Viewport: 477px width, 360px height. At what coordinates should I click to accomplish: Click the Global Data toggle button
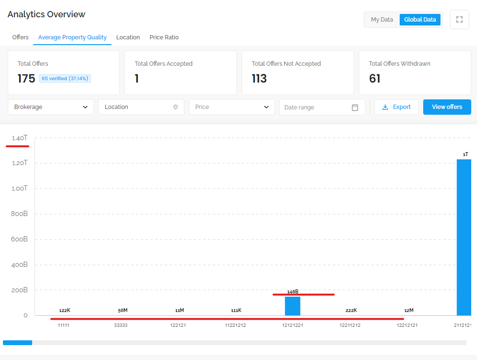pyautogui.click(x=420, y=20)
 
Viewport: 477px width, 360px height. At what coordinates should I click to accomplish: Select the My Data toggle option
pyautogui.click(x=382, y=20)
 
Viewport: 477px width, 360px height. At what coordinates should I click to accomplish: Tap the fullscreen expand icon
pyautogui.click(x=459, y=20)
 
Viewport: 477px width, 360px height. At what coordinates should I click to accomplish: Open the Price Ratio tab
pyautogui.click(x=164, y=37)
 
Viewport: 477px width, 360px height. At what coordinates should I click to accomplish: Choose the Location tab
pyautogui.click(x=128, y=37)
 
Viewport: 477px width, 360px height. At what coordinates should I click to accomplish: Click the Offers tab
pyautogui.click(x=20, y=37)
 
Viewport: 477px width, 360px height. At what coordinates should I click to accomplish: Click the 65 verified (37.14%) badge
pyautogui.click(x=65, y=78)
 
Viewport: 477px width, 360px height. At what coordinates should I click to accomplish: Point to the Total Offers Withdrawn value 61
pyautogui.click(x=375, y=78)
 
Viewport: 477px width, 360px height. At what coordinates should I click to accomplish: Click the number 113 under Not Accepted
pyautogui.click(x=259, y=78)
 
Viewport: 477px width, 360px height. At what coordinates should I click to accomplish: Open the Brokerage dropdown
pyautogui.click(x=51, y=107)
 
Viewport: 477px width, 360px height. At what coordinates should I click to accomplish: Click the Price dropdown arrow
pyautogui.click(x=266, y=107)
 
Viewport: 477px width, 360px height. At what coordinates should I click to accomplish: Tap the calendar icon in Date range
pyautogui.click(x=355, y=108)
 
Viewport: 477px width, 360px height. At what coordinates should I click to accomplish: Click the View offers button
pyautogui.click(x=447, y=107)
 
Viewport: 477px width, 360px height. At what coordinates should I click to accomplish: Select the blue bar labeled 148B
pyautogui.click(x=293, y=306)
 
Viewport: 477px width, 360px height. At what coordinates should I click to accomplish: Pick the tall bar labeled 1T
pyautogui.click(x=464, y=237)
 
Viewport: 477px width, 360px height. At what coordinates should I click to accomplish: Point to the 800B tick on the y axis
pyautogui.click(x=19, y=214)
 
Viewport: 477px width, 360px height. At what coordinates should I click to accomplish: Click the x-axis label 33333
pyautogui.click(x=121, y=325)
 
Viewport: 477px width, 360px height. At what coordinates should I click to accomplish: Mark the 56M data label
pyautogui.click(x=122, y=311)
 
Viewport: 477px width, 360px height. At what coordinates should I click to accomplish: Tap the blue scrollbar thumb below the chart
pyautogui.click(x=18, y=343)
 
